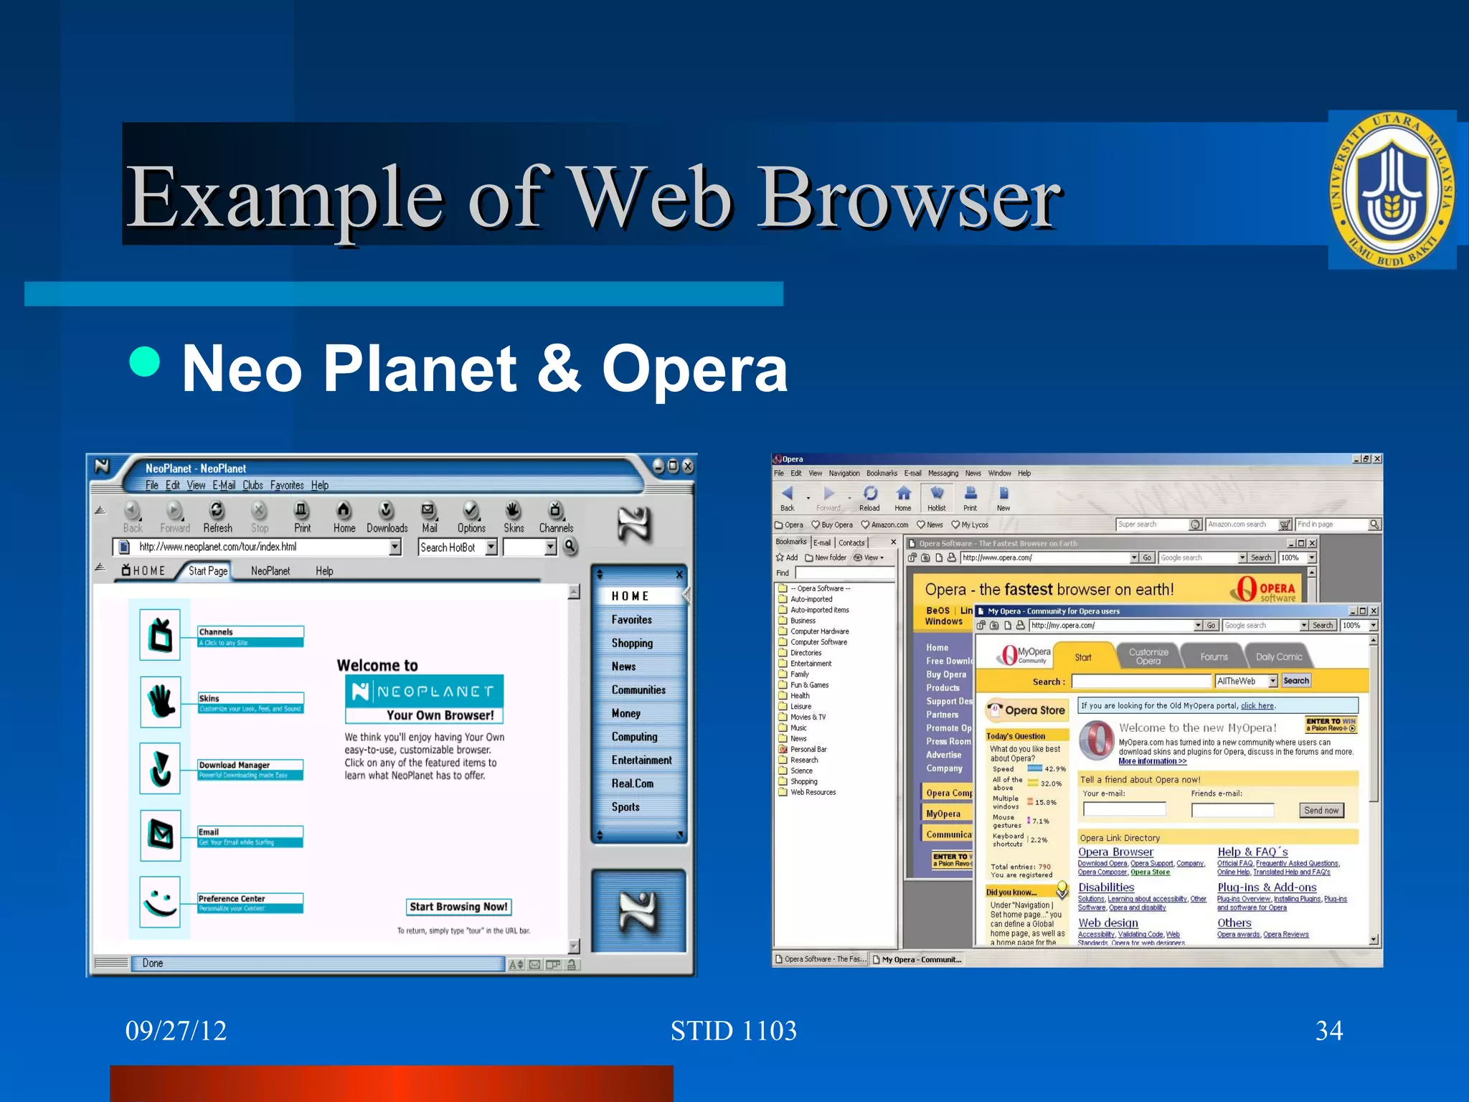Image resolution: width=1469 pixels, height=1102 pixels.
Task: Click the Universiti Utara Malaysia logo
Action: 1392,190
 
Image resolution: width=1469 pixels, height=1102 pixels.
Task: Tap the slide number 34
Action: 1328,1031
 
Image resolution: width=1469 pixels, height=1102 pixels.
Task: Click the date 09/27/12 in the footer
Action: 176,1031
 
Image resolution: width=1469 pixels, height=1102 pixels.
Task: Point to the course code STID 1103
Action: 733,1031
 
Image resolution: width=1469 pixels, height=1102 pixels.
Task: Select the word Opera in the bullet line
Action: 694,369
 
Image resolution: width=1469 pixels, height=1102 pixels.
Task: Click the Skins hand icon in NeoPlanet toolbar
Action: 513,511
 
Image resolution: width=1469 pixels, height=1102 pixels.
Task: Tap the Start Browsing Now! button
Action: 458,907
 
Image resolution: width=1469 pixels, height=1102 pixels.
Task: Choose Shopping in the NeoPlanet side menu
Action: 632,644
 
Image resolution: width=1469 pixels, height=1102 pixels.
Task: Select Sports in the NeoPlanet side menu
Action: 625,807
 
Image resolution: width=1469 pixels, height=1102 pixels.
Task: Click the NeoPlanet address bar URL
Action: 218,547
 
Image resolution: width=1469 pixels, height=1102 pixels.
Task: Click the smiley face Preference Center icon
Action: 160,902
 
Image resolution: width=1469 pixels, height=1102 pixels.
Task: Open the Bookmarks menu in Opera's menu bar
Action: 881,474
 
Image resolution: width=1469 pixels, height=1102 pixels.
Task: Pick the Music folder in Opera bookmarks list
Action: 798,727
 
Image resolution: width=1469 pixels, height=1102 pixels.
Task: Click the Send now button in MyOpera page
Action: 1321,811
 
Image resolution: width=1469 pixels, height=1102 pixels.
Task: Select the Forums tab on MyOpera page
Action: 1214,657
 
